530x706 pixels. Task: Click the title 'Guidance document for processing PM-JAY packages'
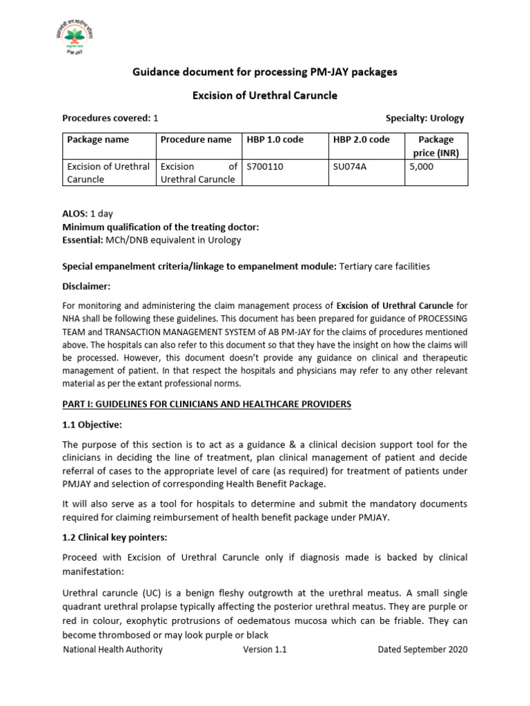point(264,72)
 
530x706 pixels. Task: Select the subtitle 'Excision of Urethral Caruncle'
point(264,95)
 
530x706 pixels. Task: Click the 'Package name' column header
point(98,140)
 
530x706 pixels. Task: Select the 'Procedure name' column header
point(196,140)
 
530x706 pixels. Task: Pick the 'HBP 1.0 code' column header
point(275,140)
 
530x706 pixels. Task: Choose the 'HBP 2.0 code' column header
point(361,140)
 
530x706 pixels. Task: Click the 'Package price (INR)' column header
point(435,146)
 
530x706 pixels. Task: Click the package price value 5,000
point(422,166)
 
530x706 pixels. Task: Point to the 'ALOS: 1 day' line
point(89,214)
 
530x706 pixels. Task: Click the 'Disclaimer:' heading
point(86,286)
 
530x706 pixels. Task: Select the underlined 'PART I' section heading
point(207,404)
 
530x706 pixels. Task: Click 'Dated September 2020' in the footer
point(422,649)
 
